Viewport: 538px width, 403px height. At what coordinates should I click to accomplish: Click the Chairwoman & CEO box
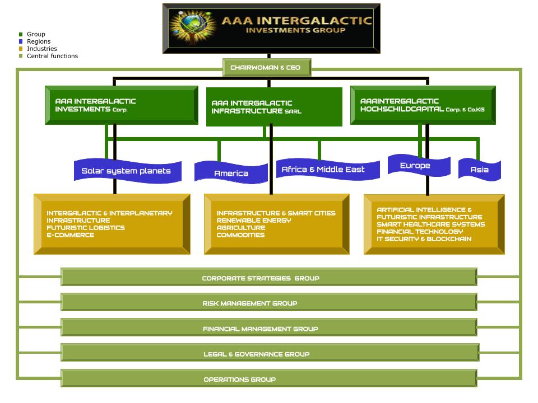coord(266,68)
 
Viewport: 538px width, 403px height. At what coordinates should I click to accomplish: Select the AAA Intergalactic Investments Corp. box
coord(121,105)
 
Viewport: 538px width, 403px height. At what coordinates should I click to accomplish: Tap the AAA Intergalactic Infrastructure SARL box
coord(274,107)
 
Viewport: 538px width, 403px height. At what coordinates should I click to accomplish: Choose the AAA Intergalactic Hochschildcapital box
coord(423,105)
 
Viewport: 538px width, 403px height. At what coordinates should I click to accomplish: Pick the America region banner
coord(231,173)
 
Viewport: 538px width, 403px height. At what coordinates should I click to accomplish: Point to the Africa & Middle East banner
coord(323,170)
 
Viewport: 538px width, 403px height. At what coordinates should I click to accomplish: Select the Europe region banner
coord(415,166)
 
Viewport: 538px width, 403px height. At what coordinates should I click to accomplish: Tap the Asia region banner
coord(479,170)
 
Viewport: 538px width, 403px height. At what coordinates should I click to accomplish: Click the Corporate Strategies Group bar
coord(269,278)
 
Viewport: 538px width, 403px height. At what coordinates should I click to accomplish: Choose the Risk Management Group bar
coord(269,303)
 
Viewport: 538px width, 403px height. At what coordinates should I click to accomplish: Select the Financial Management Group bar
coord(269,329)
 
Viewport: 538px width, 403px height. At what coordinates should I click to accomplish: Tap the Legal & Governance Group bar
coord(269,354)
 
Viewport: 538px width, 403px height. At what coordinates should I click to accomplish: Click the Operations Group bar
coord(269,379)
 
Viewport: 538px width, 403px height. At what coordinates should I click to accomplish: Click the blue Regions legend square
coord(21,41)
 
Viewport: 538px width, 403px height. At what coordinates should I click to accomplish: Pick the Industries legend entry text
coord(42,49)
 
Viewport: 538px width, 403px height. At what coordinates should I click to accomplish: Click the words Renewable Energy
coord(254,221)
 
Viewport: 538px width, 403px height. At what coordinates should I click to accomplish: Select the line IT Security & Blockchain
coord(424,239)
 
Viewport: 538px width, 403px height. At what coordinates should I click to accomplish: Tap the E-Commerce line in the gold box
coord(70,235)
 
